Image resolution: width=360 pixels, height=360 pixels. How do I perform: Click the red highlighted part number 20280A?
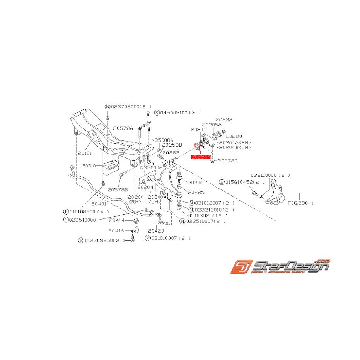200,157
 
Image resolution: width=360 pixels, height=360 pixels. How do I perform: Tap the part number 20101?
85,153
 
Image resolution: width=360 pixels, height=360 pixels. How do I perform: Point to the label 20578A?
123,128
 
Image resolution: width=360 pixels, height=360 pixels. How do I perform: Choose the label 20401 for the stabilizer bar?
99,203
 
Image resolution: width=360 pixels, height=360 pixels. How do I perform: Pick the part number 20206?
196,182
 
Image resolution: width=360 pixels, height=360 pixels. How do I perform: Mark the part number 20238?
224,120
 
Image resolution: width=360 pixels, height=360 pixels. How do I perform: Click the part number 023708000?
125,107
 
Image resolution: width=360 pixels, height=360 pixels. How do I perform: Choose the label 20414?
116,220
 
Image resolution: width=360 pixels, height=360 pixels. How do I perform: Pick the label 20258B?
171,145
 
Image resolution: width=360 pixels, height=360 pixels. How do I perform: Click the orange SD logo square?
241,267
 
